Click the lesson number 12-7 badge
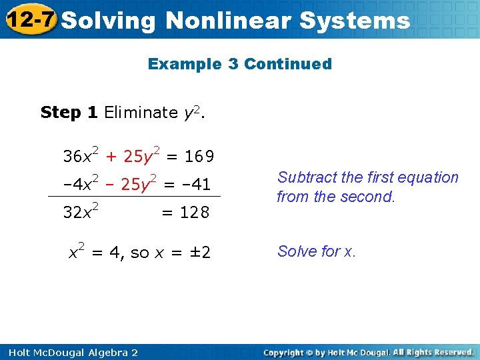(x=28, y=19)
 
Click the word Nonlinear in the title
(x=228, y=20)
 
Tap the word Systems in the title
(x=355, y=20)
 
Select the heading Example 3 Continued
(x=239, y=64)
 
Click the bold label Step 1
(x=69, y=112)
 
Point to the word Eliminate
(x=141, y=112)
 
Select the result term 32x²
(x=81, y=211)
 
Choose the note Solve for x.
(x=317, y=251)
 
